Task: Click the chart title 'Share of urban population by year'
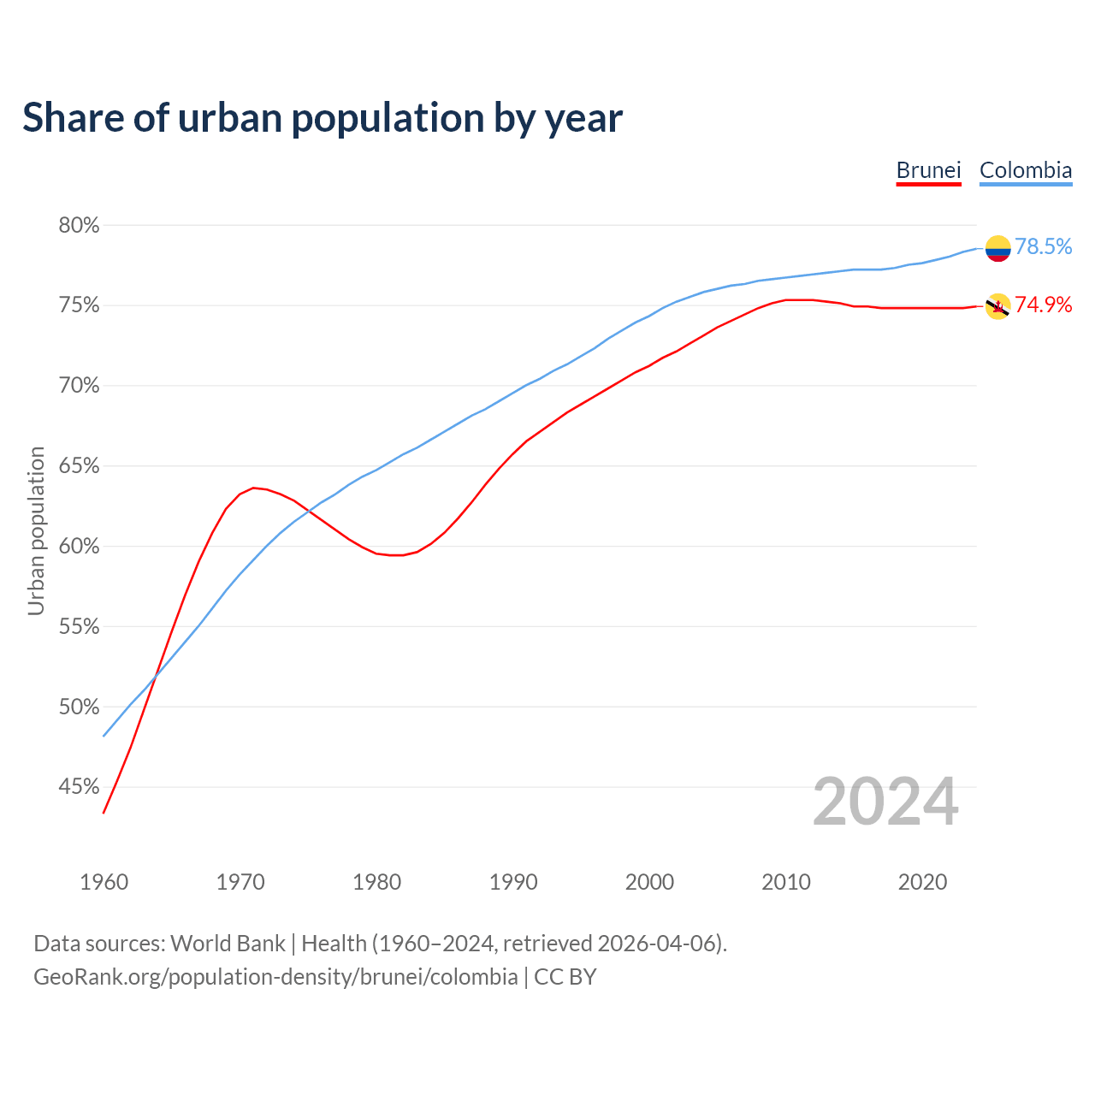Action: [323, 118]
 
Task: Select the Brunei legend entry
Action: [928, 170]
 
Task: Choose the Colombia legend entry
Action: [1025, 170]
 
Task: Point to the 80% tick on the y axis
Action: [79, 226]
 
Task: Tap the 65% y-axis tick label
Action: [79, 466]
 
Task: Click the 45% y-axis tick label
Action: [79, 787]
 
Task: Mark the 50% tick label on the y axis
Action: [79, 707]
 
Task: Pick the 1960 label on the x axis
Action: [104, 882]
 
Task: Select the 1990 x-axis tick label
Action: [513, 882]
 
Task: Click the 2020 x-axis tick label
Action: [922, 882]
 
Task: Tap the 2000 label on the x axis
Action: [649, 882]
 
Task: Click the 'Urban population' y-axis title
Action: [36, 530]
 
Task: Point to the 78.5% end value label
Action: [1043, 247]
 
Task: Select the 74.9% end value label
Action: [1043, 305]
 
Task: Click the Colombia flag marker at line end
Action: [997, 248]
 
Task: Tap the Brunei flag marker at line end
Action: [997, 306]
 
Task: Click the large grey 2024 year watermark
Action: [885, 802]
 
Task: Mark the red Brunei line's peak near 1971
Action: [253, 488]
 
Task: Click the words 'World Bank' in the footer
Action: [228, 944]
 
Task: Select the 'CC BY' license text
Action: [565, 977]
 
